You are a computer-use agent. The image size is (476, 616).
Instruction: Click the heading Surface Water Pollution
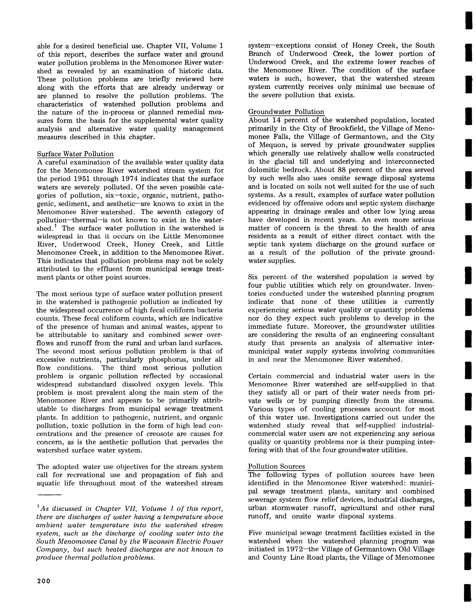click(x=75, y=154)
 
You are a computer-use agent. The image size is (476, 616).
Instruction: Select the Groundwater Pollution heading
click(x=286, y=112)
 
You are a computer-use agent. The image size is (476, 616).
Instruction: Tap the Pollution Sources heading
click(x=276, y=466)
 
